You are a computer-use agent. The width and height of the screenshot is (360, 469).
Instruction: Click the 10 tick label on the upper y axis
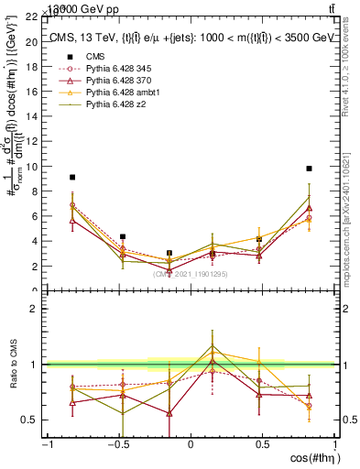pos(32,167)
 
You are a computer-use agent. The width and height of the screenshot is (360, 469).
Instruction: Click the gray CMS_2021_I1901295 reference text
pos(191,274)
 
